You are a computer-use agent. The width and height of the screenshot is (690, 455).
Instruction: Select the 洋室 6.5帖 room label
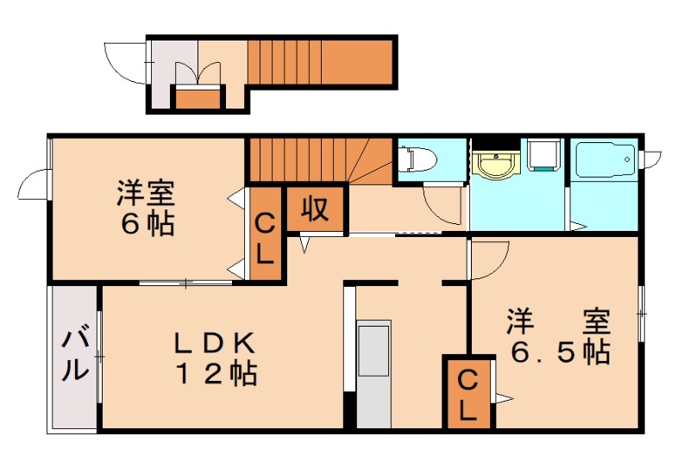(558, 337)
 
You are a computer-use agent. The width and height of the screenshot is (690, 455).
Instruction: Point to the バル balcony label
(74, 355)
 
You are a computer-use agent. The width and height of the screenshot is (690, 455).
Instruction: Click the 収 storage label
(317, 209)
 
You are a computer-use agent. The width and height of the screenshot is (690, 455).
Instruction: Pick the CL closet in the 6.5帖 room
(467, 395)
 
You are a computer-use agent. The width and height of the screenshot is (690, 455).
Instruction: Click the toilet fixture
(417, 160)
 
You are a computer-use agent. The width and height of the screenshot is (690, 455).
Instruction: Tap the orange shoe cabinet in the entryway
(194, 97)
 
